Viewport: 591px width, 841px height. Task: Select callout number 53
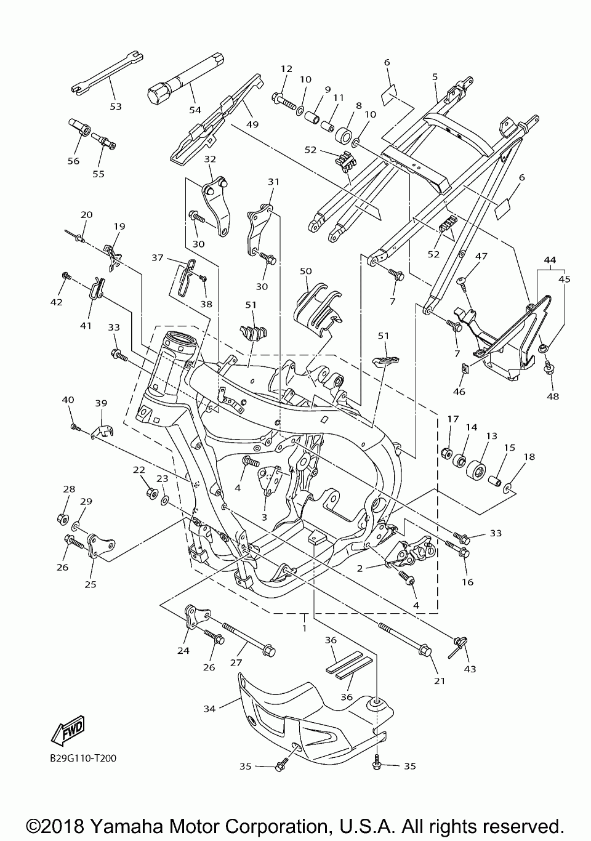pyautogui.click(x=116, y=107)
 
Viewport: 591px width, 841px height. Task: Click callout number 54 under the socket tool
pyautogui.click(x=195, y=110)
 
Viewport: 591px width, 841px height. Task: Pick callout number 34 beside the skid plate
pyautogui.click(x=209, y=709)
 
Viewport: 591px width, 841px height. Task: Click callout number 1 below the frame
pyautogui.click(x=304, y=627)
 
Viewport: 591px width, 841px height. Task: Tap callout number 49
pyautogui.click(x=252, y=124)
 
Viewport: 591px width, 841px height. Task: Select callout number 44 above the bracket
pyautogui.click(x=550, y=259)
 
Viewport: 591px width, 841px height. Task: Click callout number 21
pyautogui.click(x=440, y=681)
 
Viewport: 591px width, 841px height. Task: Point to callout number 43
pyautogui.click(x=470, y=669)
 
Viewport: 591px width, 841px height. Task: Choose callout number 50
pyautogui.click(x=306, y=271)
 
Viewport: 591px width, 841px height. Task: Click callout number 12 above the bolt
pyautogui.click(x=286, y=69)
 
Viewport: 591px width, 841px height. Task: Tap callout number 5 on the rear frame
pyautogui.click(x=435, y=77)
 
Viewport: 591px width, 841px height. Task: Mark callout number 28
pyautogui.click(x=69, y=489)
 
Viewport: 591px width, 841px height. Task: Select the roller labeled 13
pyautogui.click(x=476, y=469)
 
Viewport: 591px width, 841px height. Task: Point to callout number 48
pyautogui.click(x=553, y=396)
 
